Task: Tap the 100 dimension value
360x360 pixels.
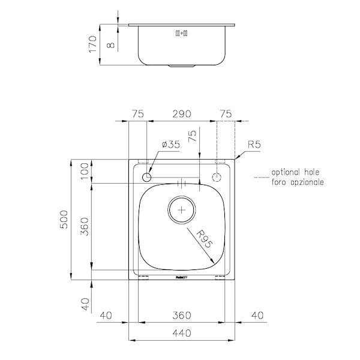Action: click(x=85, y=172)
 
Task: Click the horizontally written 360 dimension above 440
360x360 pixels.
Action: click(x=181, y=314)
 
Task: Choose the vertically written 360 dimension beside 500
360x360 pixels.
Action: click(x=85, y=227)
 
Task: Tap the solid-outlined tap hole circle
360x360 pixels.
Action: click(x=146, y=177)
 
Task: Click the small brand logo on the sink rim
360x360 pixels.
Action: click(x=182, y=277)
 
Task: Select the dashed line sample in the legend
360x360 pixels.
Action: click(x=262, y=177)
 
